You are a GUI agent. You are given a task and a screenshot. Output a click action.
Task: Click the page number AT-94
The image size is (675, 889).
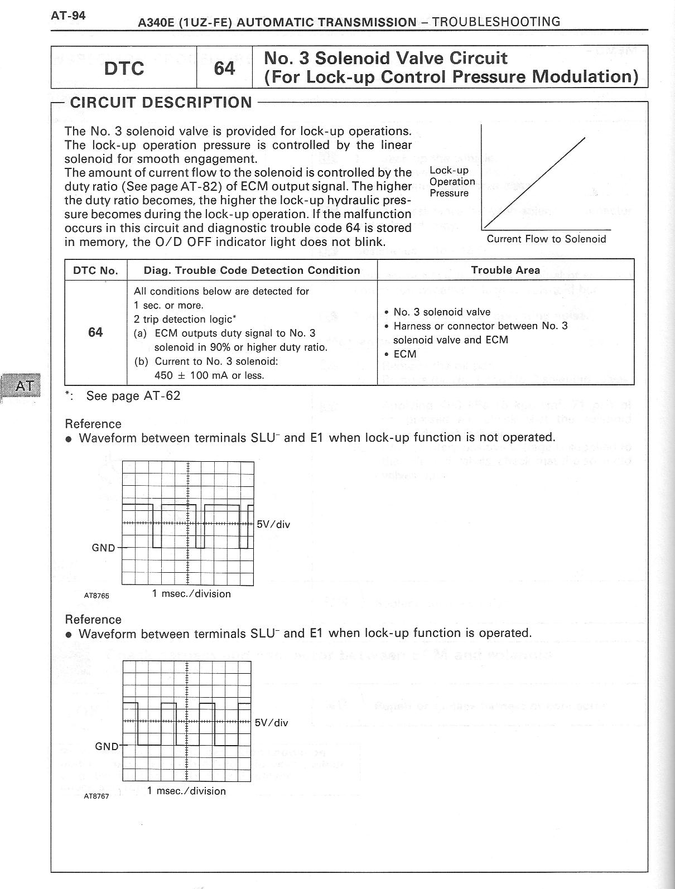[x=68, y=15]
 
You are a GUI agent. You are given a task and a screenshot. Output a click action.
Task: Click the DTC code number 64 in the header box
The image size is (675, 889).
[x=224, y=68]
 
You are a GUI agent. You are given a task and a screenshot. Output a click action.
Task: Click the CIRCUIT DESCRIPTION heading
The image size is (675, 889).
[x=161, y=103]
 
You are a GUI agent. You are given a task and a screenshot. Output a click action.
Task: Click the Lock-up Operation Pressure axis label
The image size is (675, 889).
[x=452, y=182]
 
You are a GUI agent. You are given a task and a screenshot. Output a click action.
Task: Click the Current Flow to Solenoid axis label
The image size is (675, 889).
[x=546, y=239]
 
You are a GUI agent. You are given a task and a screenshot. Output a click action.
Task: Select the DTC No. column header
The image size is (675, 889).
[x=96, y=270]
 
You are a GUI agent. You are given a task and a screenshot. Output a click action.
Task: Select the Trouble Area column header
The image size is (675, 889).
[x=505, y=270]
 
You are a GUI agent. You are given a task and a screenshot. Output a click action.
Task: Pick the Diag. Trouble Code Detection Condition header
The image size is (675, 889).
[x=252, y=270]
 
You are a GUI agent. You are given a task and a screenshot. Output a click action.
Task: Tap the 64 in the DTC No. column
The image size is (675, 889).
[x=95, y=332]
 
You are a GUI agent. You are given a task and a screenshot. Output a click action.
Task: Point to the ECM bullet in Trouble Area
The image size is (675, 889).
[x=404, y=354]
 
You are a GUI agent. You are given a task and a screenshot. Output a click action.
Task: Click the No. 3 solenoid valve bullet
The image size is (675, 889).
[x=441, y=312]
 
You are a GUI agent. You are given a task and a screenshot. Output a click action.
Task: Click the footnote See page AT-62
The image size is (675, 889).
[x=133, y=396]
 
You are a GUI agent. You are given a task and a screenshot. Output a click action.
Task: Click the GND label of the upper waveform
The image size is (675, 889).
[x=103, y=548]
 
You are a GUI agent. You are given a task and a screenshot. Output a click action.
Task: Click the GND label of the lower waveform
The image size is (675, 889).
[x=107, y=746]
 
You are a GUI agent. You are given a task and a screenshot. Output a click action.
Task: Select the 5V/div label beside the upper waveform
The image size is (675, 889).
[x=273, y=524]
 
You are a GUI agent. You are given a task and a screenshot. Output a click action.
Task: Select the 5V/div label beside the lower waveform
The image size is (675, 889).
[x=272, y=723]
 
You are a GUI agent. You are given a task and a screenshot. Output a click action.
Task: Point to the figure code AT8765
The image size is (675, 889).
[x=97, y=596]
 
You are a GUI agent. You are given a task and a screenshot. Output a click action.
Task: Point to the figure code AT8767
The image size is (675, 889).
[x=97, y=796]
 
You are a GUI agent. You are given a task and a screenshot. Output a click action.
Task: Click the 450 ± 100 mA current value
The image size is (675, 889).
[x=209, y=375]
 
